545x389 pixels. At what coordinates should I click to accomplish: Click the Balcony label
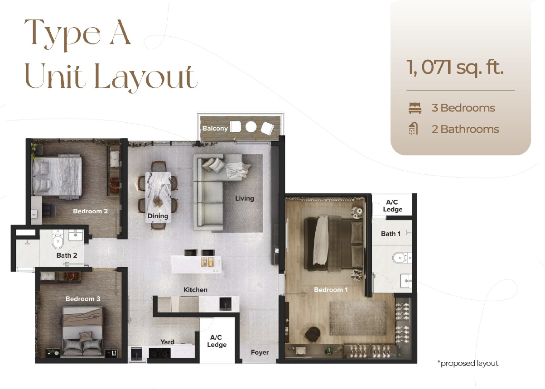pos(215,129)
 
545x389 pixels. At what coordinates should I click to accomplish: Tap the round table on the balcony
pos(251,127)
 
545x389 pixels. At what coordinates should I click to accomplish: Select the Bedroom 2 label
pos(90,211)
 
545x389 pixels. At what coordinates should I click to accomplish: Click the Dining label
pos(158,216)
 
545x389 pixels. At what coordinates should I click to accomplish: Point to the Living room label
pos(245,198)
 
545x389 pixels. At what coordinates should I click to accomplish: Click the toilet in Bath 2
pos(58,240)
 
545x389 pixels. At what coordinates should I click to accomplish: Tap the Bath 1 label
pos(391,234)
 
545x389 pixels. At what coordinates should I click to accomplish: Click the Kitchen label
pos(195,290)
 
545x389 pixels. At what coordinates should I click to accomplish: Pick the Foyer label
pos(260,352)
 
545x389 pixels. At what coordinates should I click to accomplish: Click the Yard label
pos(167,342)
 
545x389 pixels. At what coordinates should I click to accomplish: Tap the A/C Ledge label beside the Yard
pos(217,341)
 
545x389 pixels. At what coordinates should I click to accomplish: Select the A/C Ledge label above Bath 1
pos(392,206)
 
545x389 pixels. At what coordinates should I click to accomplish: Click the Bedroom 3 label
pos(83,299)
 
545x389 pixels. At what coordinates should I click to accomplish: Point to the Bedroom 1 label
pos(331,290)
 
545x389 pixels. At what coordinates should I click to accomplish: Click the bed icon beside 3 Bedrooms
pos(415,108)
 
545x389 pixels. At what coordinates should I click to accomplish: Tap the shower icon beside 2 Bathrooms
pos(413,129)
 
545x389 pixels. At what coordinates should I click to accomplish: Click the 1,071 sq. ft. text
pos(455,67)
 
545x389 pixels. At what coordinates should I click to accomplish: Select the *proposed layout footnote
pos(468,364)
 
